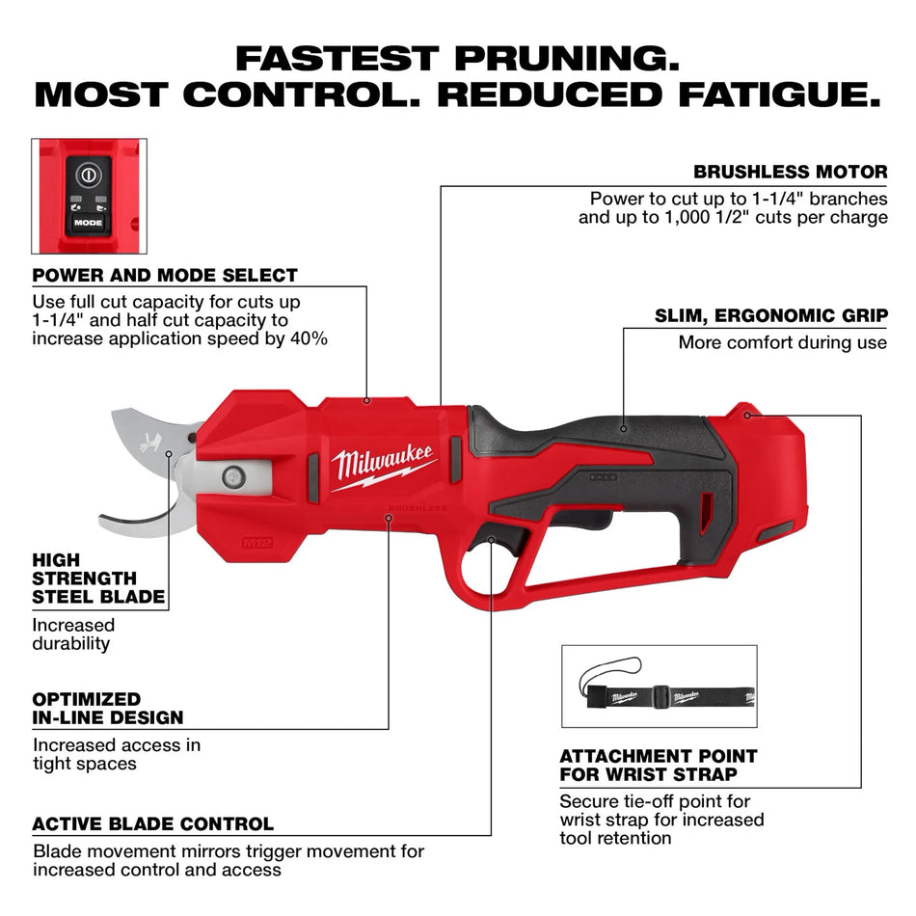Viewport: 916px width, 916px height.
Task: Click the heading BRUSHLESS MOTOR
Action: tap(791, 173)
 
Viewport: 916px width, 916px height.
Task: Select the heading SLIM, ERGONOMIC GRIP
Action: tap(771, 315)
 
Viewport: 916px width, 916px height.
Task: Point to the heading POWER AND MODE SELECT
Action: tap(165, 275)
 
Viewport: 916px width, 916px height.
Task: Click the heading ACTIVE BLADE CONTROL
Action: tap(153, 824)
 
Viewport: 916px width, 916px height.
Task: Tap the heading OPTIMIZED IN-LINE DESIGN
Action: tap(108, 708)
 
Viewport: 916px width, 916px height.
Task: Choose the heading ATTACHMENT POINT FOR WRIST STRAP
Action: tap(659, 765)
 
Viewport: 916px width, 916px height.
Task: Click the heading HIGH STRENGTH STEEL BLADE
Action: tap(98, 579)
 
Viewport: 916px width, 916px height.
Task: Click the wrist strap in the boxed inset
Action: tap(665, 693)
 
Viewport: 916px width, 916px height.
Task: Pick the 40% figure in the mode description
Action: tap(310, 338)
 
